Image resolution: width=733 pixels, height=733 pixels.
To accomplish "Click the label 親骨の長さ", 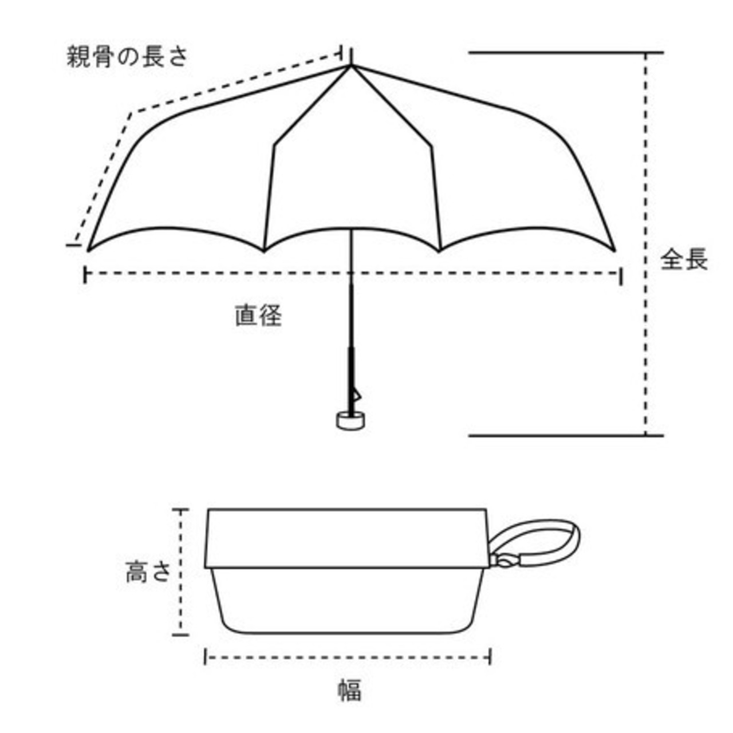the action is tap(127, 57).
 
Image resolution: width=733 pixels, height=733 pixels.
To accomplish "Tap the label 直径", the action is tap(258, 315).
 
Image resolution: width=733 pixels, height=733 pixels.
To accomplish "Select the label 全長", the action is tap(684, 259).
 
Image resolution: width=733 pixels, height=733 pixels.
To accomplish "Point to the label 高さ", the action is tap(148, 572).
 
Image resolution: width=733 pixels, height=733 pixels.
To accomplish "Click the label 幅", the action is tap(349, 689).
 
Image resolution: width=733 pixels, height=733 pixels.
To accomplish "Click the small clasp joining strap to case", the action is tap(504, 561).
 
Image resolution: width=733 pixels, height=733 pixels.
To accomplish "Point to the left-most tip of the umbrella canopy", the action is tap(88, 250).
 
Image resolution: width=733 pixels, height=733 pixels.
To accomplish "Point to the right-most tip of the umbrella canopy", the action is tap(614, 250).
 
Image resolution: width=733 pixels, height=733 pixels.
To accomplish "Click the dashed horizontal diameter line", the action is tap(458, 274).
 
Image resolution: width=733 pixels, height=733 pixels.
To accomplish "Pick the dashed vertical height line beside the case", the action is tap(182, 601).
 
